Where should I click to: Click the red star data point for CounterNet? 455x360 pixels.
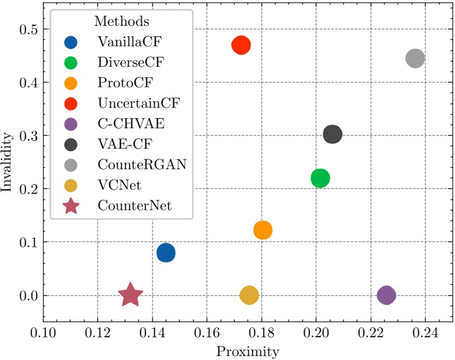(x=130, y=295)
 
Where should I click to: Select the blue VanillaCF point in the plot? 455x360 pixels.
(x=166, y=253)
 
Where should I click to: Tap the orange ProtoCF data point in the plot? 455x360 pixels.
(x=263, y=230)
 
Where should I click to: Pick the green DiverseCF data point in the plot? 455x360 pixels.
(x=320, y=178)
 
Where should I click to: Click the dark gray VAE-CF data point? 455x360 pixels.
(x=332, y=134)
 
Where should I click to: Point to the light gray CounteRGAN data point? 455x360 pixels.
(x=415, y=58)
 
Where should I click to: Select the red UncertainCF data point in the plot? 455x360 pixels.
(x=241, y=45)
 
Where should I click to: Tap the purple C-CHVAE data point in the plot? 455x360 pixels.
(x=386, y=295)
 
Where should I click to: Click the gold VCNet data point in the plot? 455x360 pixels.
(x=249, y=295)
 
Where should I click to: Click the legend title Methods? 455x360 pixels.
(x=121, y=22)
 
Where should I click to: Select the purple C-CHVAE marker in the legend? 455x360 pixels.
(x=71, y=124)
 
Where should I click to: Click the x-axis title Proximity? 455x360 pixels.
(x=248, y=351)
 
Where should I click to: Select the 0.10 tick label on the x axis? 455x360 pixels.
(x=44, y=334)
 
